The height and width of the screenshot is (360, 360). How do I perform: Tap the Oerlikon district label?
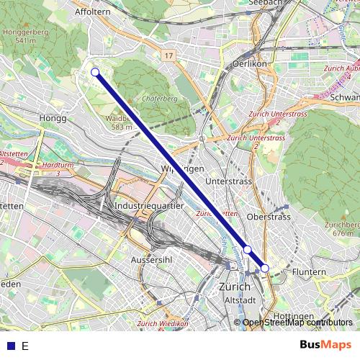(x=230, y=63)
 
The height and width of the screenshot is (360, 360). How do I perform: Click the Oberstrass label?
(x=268, y=216)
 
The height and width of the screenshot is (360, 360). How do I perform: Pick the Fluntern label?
(x=310, y=271)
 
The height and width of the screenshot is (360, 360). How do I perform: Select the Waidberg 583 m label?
(x=119, y=122)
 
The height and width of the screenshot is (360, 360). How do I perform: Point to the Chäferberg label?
(x=161, y=99)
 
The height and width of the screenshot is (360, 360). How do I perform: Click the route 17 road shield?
(x=168, y=55)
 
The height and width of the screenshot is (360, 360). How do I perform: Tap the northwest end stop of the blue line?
(x=95, y=71)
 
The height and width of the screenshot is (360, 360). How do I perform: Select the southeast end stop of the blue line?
(x=265, y=268)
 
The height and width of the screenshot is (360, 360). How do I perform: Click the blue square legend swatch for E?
(x=10, y=346)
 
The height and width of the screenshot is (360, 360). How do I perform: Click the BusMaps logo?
(x=326, y=345)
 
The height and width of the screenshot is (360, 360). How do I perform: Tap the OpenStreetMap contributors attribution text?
(x=297, y=323)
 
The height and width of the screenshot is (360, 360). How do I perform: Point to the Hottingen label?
(x=292, y=316)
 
